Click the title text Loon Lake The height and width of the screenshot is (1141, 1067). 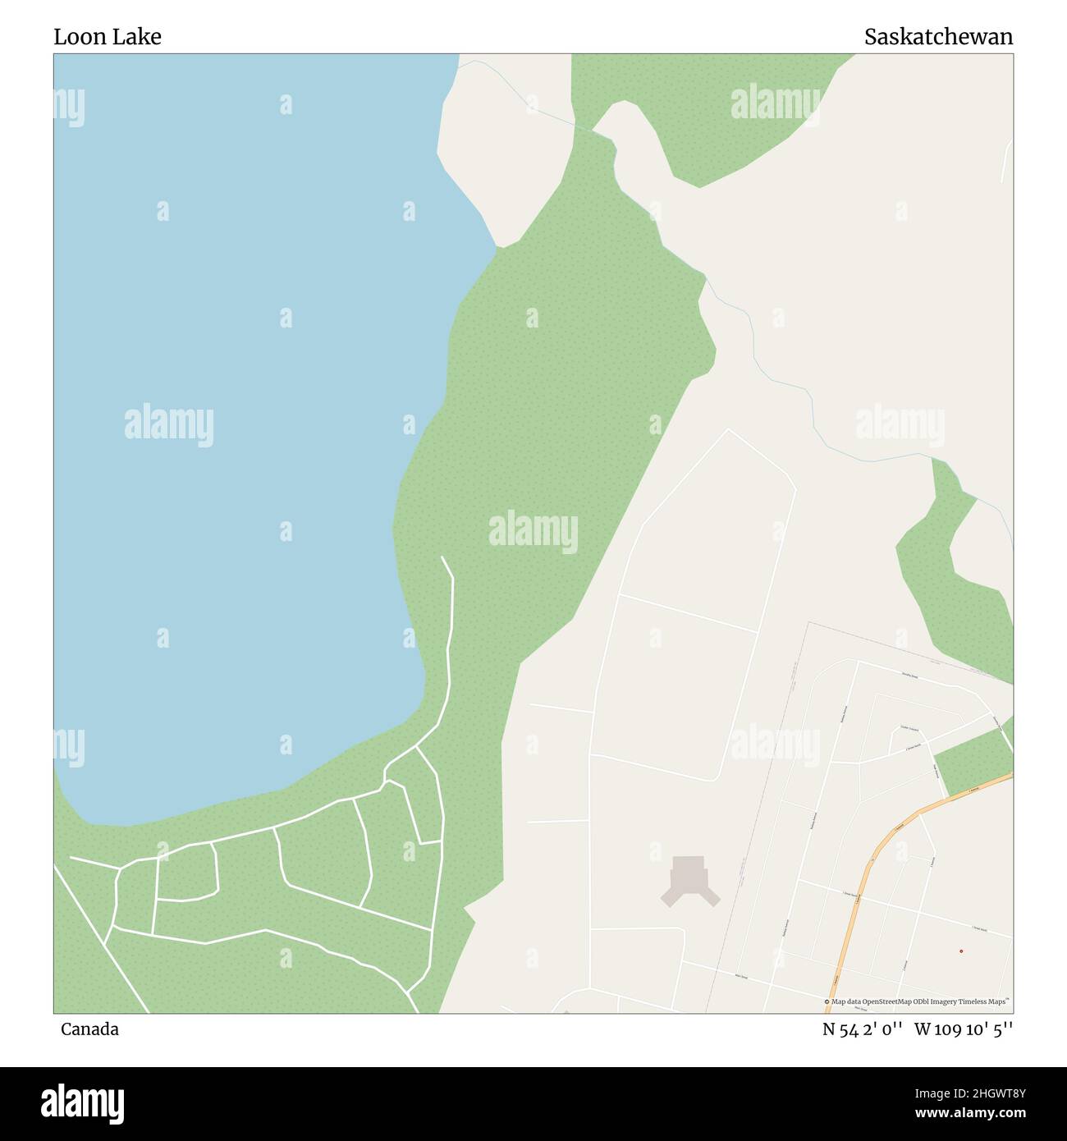click(x=108, y=37)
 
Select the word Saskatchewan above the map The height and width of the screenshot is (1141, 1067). click(x=938, y=37)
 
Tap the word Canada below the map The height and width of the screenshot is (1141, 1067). click(x=89, y=1029)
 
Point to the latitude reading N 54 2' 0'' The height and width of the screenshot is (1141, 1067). click(x=863, y=1029)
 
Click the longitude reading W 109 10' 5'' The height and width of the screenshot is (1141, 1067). click(x=964, y=1029)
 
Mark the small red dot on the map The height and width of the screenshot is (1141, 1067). click(x=960, y=951)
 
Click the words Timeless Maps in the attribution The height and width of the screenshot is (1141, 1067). click(x=989, y=1001)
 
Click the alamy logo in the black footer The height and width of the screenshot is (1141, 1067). click(x=83, y=1102)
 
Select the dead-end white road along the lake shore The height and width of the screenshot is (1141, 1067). click(x=450, y=624)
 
